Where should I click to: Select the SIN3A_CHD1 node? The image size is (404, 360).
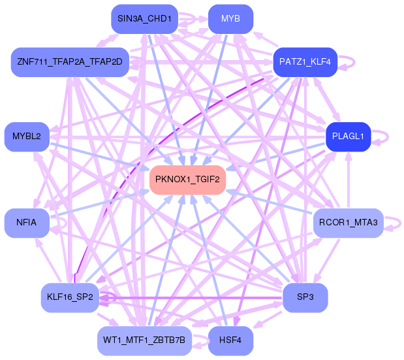[144, 19]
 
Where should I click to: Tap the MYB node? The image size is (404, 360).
[230, 19]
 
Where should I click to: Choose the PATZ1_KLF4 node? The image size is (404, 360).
[305, 62]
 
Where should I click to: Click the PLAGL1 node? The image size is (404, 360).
[348, 137]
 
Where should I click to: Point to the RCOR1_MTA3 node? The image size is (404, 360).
[348, 223]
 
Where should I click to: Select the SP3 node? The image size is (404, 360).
[305, 297]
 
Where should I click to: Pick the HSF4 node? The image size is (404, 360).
[230, 340]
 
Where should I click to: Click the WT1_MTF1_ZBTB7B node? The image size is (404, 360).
[144, 340]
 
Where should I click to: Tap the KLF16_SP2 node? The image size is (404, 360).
[70, 297]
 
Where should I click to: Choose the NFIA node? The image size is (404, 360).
[27, 223]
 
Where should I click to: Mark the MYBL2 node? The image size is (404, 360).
[27, 137]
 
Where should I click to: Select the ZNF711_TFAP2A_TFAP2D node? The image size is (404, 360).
[70, 62]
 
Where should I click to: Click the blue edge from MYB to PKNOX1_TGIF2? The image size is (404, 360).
[210, 98]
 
